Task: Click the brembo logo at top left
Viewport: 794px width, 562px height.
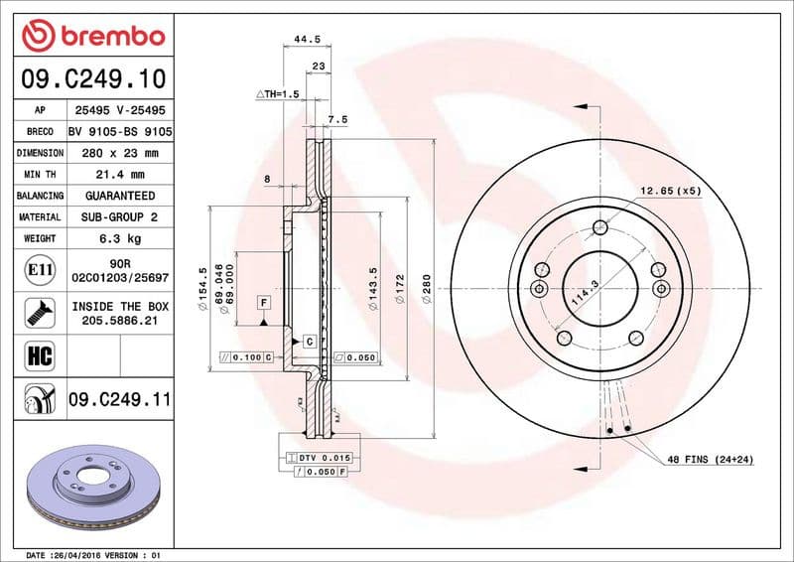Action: tap(93, 37)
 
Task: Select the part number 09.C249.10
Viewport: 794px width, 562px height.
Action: tap(93, 76)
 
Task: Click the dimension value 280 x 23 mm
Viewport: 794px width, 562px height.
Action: tap(119, 153)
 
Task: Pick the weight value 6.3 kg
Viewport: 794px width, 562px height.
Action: tap(119, 238)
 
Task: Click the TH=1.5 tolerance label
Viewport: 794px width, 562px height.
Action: tap(277, 93)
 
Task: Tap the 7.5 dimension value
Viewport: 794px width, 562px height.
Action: tap(337, 119)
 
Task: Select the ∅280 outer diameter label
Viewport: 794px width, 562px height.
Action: tap(427, 289)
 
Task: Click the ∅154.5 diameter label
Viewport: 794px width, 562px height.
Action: tap(202, 289)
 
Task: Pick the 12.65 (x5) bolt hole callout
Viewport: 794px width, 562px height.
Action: tap(670, 190)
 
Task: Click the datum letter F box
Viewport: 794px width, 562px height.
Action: tap(265, 302)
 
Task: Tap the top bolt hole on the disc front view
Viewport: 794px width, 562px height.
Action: tap(599, 228)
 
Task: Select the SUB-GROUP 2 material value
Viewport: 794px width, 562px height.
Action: tap(119, 216)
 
